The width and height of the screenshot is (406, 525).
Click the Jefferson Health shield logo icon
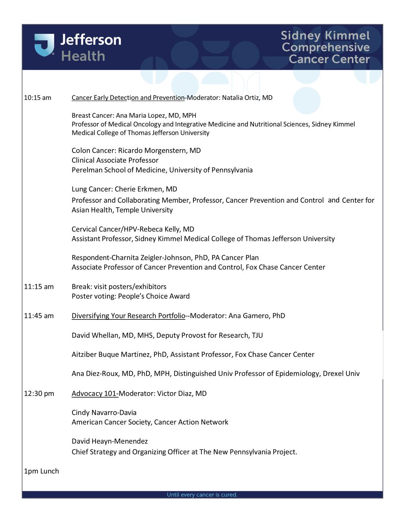pos(44,45)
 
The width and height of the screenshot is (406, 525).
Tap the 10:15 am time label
pos(37,98)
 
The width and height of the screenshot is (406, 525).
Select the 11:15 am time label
pos(39,287)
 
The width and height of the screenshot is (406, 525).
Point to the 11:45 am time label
pos(39,316)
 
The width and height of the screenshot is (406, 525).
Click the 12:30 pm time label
pos(39,394)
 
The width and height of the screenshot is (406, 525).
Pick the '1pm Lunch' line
pos(41,471)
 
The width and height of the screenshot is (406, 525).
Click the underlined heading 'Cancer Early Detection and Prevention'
pos(128,98)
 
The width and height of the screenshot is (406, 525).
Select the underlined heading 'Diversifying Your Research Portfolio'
pos(128,316)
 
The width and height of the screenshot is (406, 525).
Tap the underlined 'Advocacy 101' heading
pos(94,394)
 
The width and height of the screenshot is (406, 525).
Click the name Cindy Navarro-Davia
pos(104,413)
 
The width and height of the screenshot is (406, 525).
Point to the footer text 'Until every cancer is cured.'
pos(202,495)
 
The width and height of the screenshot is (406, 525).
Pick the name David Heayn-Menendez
pos(109,441)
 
